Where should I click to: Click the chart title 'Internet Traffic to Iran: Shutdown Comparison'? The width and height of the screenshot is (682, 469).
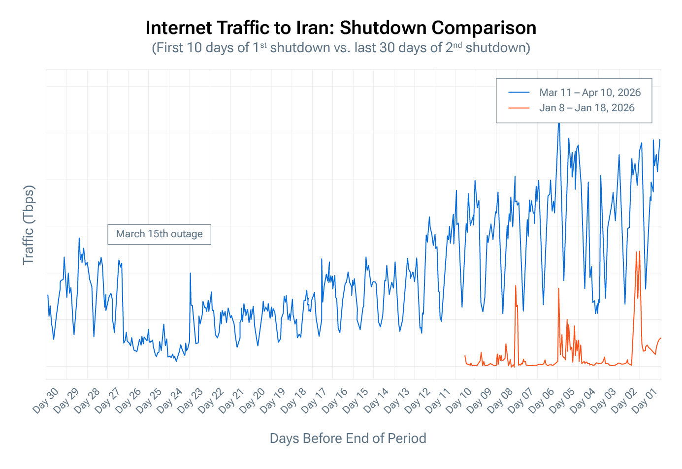tap(341, 28)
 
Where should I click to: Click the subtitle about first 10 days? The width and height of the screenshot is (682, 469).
tap(341, 48)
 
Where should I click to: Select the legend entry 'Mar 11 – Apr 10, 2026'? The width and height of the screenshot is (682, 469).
tap(589, 93)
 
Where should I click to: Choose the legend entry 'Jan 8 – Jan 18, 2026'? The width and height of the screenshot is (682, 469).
tap(586, 108)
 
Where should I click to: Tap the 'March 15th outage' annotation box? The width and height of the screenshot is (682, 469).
tap(159, 234)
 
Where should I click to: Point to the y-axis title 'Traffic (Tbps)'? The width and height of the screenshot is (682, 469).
tap(29, 225)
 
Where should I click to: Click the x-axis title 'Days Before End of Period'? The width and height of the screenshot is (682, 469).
tap(348, 438)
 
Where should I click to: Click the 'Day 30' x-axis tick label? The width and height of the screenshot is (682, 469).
tap(46, 400)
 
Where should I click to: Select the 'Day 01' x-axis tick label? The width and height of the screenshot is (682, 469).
tap(647, 400)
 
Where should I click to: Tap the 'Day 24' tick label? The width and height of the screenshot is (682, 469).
tap(170, 400)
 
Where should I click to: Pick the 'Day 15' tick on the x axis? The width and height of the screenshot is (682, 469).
tap(356, 400)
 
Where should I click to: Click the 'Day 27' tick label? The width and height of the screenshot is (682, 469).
tap(108, 400)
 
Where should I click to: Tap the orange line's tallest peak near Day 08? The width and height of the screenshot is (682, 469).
tap(515, 285)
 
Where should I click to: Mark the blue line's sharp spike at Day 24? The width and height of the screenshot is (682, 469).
tap(190, 273)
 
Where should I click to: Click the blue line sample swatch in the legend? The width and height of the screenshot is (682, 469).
tap(519, 93)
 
